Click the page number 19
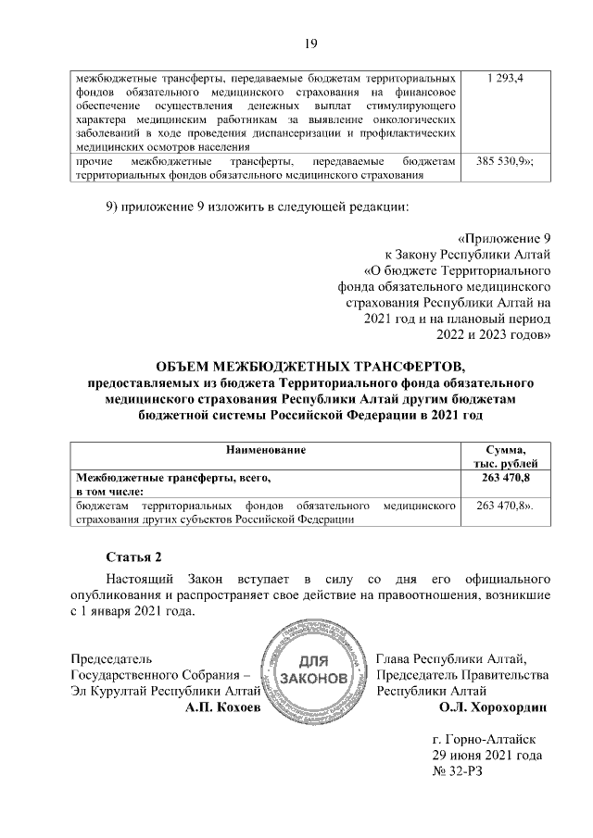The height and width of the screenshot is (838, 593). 311,43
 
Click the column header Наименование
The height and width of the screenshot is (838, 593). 266,449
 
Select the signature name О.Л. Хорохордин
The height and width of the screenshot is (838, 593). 494,707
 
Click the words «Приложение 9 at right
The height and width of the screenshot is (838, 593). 504,237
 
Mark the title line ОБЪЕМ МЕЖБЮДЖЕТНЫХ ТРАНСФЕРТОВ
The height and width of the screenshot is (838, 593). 310,362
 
